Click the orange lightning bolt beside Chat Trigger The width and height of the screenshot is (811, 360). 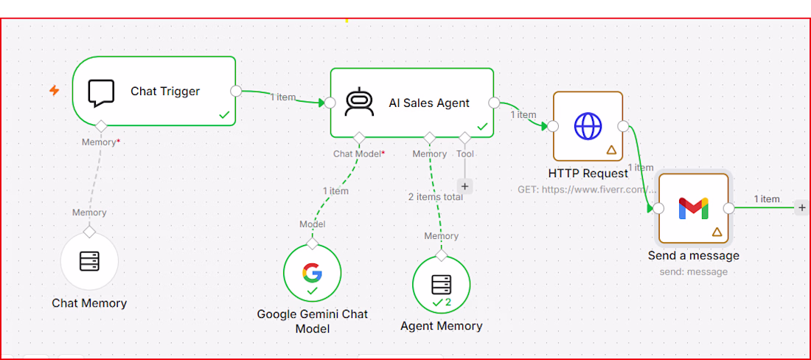click(55, 91)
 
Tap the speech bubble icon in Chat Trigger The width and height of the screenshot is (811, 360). click(100, 93)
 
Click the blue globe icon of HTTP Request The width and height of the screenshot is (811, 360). click(588, 126)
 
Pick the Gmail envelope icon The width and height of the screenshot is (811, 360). click(694, 209)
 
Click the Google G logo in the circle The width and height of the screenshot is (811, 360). click(312, 272)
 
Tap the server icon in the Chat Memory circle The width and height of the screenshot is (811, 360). click(89, 261)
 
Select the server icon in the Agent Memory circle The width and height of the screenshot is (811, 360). click(441, 285)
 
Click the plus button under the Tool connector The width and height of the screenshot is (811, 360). click(464, 186)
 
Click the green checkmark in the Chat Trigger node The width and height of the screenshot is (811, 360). click(224, 115)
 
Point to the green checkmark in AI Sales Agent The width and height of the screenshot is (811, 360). click(482, 126)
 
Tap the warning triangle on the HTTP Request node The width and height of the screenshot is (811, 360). click(611, 150)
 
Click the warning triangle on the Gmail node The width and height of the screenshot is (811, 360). click(717, 232)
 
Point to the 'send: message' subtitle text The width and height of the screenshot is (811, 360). click(694, 271)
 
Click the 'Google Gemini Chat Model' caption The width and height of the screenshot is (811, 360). click(313, 321)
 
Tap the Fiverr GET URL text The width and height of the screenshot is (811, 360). click(587, 190)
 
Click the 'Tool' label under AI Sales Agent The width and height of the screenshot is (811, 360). click(464, 154)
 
